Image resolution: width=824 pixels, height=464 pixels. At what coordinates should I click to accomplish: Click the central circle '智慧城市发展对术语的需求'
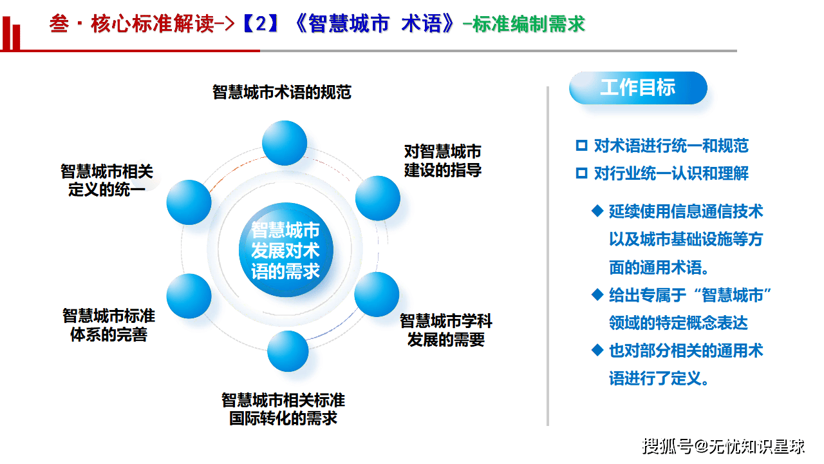286,251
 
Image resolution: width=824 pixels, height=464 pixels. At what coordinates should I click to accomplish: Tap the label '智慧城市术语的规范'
282,92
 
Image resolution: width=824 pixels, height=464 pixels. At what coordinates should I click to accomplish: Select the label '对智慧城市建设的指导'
443,161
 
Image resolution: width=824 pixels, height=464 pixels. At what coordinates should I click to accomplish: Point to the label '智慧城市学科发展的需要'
445,330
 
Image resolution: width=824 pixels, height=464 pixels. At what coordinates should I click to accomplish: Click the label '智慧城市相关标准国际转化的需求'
283,409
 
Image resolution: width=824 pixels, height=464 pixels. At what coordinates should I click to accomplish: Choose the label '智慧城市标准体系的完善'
109,325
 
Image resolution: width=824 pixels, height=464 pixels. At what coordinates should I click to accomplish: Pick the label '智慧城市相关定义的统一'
107,180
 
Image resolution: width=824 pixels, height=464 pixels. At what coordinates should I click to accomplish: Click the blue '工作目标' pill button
637,88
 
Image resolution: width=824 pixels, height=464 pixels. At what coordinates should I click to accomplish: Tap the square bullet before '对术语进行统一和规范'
582,146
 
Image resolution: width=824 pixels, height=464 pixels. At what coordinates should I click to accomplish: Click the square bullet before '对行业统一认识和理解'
582,173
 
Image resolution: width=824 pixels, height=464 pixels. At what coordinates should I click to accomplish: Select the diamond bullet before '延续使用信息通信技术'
597,211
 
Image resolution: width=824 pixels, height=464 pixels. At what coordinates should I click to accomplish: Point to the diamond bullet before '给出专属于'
597,295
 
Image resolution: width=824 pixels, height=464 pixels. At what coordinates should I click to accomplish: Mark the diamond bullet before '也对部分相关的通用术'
597,350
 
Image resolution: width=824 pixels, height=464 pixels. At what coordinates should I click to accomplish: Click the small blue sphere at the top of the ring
285,142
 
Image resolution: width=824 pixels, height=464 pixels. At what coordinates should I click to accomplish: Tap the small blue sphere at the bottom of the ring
288,351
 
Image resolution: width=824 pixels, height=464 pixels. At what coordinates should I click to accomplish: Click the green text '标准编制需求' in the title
529,24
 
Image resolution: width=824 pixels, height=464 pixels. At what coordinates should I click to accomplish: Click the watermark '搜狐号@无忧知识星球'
724,445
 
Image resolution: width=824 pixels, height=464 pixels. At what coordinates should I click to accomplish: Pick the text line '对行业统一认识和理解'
671,173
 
